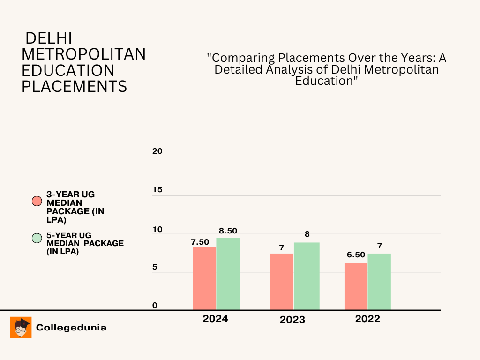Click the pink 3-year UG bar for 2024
pos(204,278)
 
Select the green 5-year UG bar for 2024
pos(228,274)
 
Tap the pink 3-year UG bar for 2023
pos(281,281)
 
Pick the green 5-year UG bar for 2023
pos(307,276)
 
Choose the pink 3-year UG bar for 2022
pos(356,286)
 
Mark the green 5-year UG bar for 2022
pos(379,281)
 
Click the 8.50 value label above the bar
pos(228,231)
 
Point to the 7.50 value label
pos(200,242)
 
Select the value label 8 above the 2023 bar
pos(307,234)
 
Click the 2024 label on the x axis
pos(215,319)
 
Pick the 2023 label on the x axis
pos(292,320)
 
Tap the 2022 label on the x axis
pos(367,319)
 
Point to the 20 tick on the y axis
pos(157,151)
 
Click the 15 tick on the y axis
pos(157,190)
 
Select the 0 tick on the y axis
pos(155,306)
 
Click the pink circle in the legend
pos(37,202)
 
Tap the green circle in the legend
pos(37,238)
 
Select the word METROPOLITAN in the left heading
pos(84,54)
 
